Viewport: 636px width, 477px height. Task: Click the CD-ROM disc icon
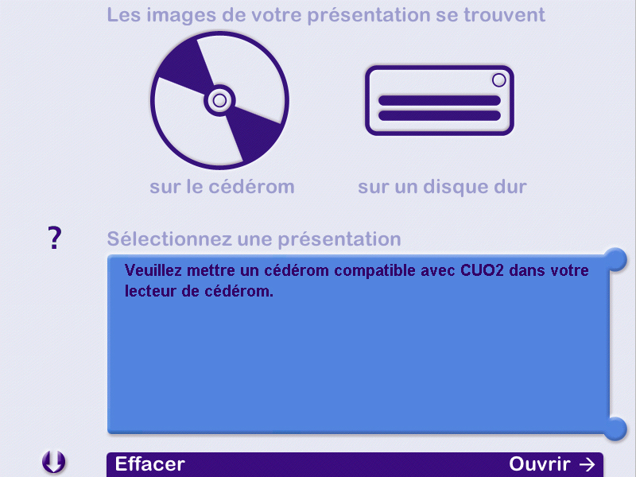coord(219,100)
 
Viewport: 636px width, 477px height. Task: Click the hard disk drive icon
coord(440,101)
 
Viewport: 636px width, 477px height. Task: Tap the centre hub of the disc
coord(219,100)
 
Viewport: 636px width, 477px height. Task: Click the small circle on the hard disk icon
coord(499,80)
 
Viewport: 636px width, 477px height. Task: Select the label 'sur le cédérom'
coord(222,187)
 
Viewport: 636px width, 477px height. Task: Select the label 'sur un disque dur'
coord(442,187)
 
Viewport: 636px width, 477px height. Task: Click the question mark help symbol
coord(55,238)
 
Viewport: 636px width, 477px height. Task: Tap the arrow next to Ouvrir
coord(587,464)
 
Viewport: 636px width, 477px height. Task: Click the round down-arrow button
coord(53,462)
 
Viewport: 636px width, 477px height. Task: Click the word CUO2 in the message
coord(482,270)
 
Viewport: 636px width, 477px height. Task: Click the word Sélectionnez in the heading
coord(169,239)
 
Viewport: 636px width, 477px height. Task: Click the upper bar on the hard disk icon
coord(440,101)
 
